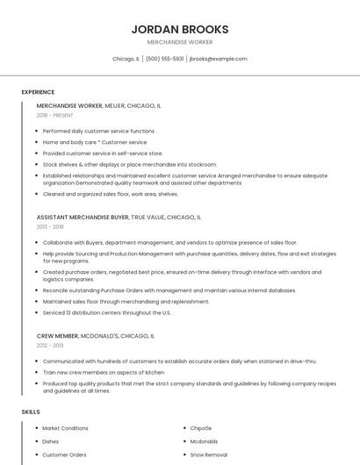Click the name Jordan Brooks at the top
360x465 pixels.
point(180,29)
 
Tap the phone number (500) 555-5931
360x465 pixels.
point(164,59)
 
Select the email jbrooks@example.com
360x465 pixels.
point(219,59)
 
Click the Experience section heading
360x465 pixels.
point(38,92)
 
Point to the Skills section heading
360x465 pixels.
point(31,411)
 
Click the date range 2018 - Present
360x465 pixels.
point(55,115)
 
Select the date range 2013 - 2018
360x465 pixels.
point(50,226)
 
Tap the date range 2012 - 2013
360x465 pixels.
point(50,345)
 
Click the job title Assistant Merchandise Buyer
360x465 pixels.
point(83,217)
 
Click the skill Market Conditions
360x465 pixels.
point(66,428)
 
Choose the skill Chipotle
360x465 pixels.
point(201,428)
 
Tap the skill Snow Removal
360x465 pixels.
point(209,454)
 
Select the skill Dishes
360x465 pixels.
point(51,441)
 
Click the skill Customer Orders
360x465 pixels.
point(65,454)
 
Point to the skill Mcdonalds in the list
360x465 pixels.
point(204,441)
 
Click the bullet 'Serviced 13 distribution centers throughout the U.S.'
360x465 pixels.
point(106,312)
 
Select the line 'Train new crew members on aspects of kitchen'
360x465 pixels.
point(104,372)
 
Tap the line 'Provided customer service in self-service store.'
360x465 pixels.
point(103,153)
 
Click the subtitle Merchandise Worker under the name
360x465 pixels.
point(180,42)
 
